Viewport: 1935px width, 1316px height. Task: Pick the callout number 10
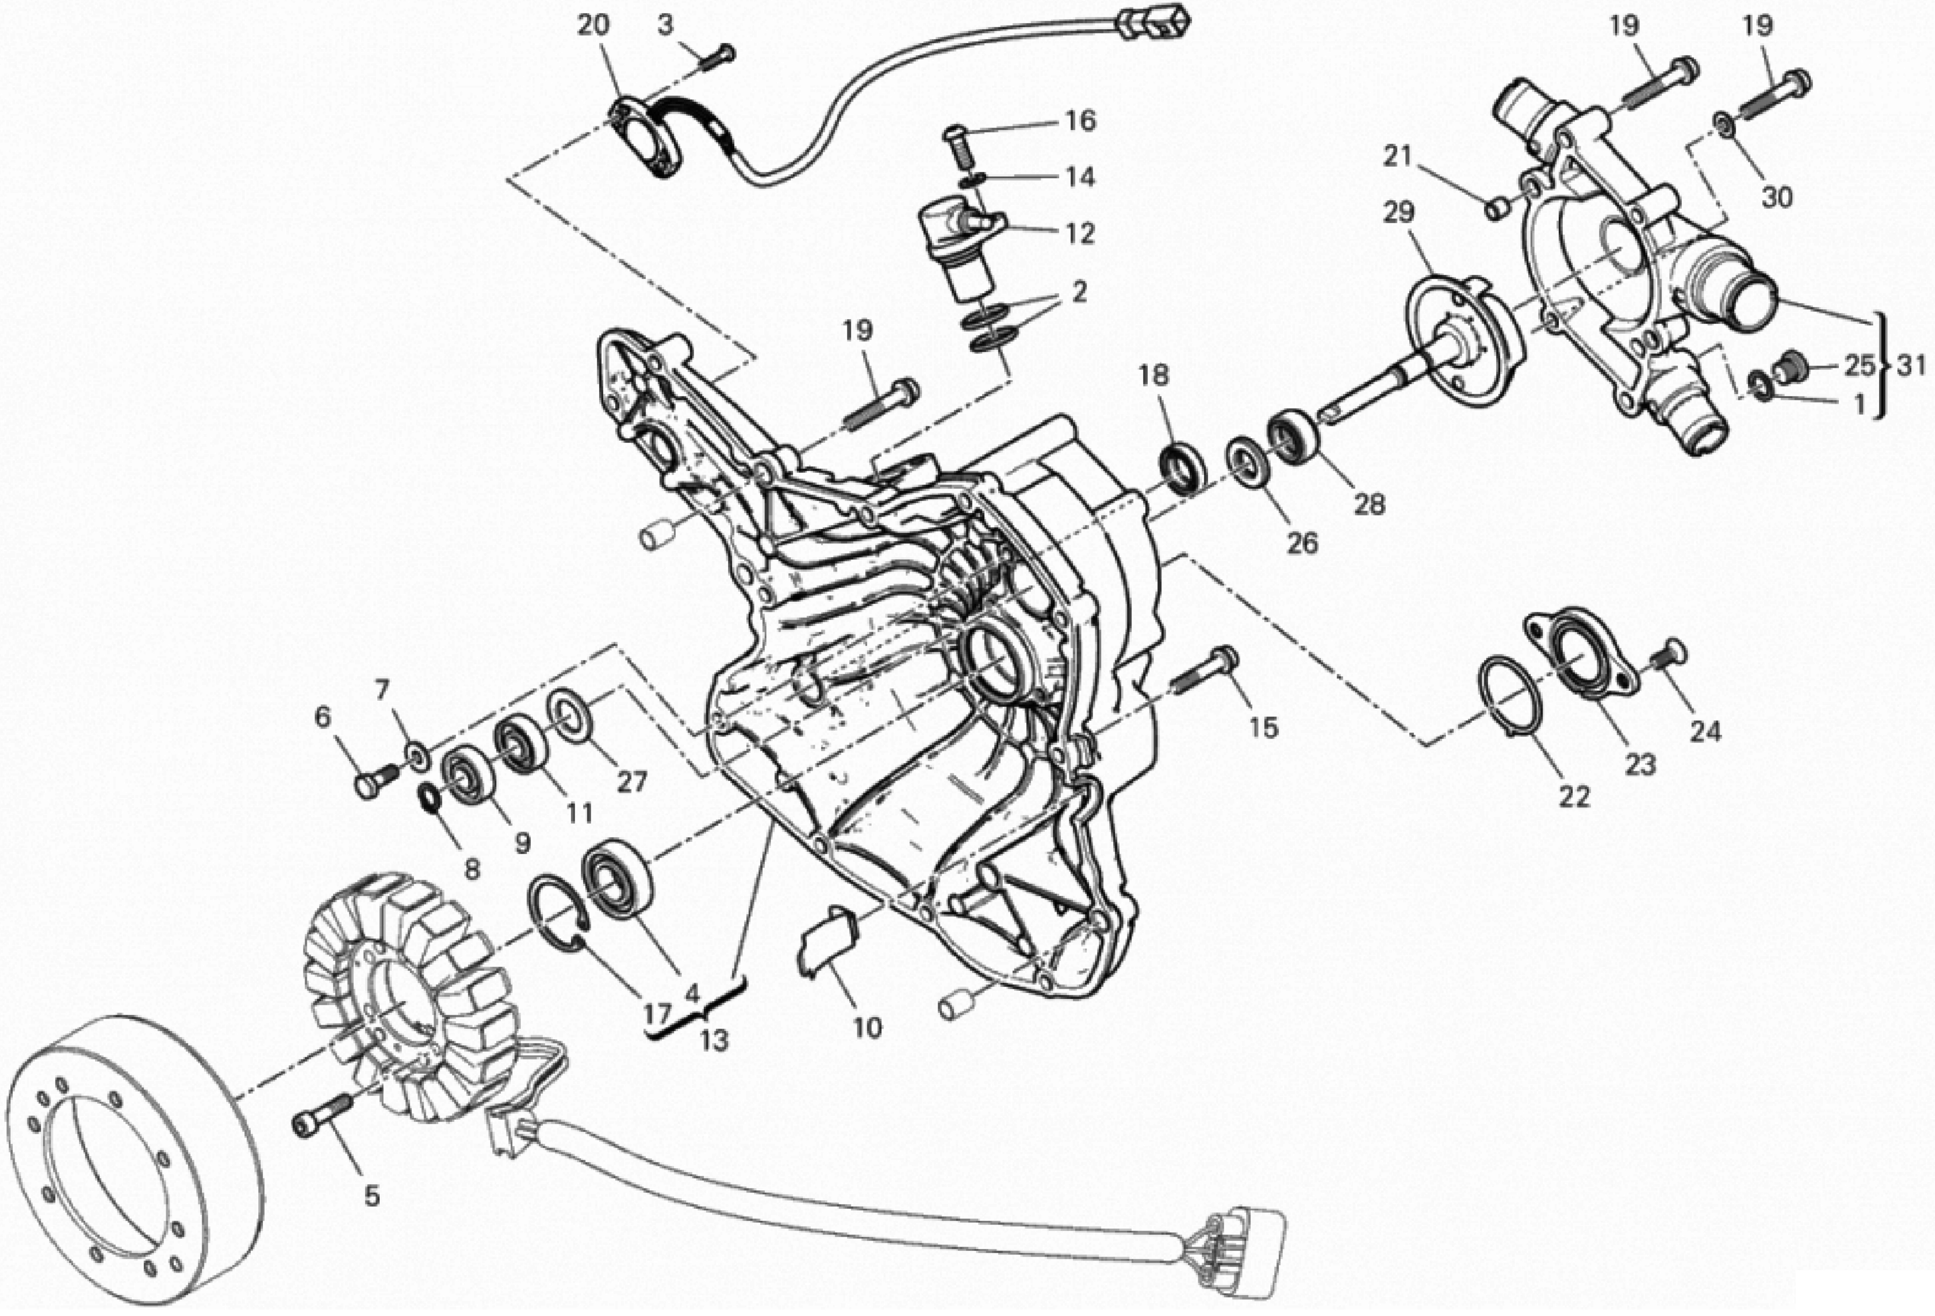[x=867, y=1028]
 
